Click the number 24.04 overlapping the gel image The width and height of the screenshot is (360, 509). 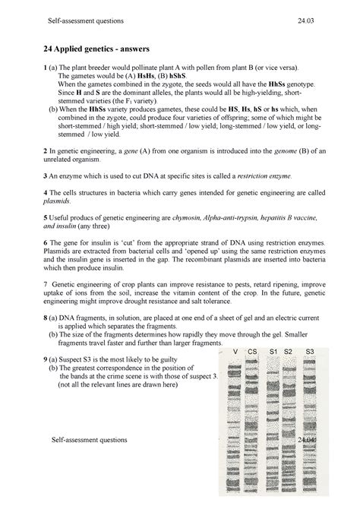tap(308, 440)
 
